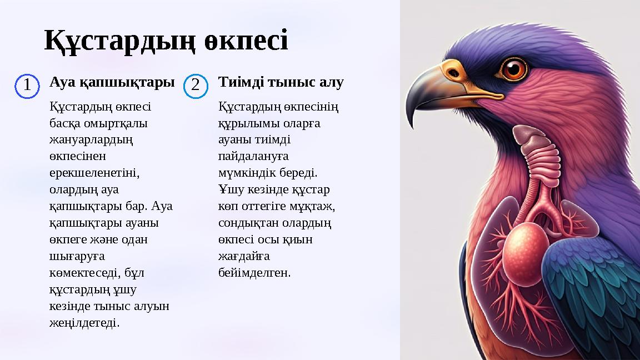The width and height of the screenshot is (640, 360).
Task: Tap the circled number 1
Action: click(26, 86)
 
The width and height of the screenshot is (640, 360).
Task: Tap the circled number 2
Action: click(195, 86)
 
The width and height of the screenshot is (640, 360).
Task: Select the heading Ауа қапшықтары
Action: click(112, 83)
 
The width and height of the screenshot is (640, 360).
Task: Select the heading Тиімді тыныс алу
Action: click(281, 83)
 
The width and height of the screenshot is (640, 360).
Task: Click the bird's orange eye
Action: click(514, 68)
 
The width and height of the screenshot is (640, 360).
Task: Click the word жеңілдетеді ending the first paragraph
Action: click(84, 322)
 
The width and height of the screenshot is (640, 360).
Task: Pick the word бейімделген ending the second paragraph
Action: click(254, 273)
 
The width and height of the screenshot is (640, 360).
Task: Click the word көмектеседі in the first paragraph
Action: click(83, 273)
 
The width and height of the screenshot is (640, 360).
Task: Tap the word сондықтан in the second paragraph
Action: click(246, 223)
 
